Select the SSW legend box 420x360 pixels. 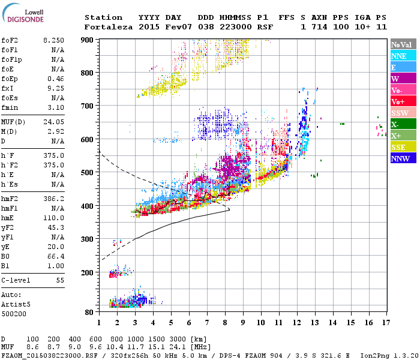coord(403,113)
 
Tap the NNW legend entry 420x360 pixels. coord(403,158)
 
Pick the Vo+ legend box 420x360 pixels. coord(403,101)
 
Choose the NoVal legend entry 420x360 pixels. coord(403,44)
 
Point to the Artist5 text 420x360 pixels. coord(15,304)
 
